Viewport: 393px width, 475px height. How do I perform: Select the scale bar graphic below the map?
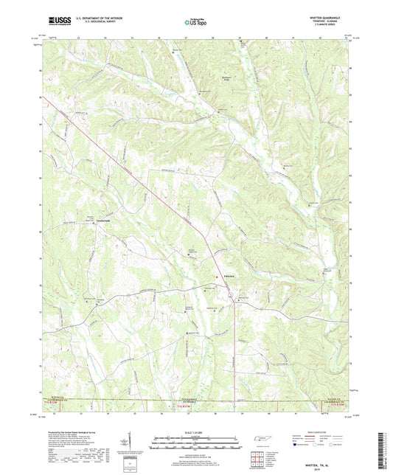coord(196,442)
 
